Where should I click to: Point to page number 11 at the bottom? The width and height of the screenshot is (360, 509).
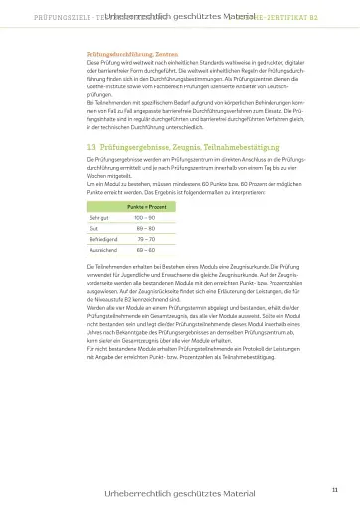[x=334, y=488]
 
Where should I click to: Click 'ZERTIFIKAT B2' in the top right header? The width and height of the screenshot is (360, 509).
[x=306, y=17]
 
